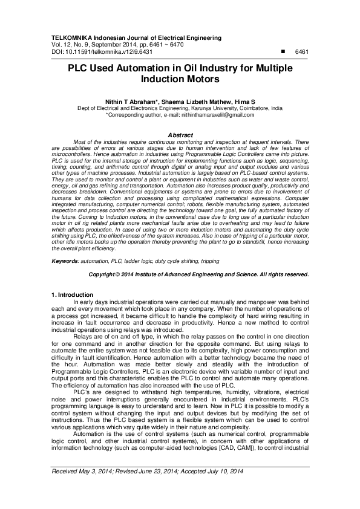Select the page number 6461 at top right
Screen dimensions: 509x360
point(301,52)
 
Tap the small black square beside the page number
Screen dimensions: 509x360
point(277,52)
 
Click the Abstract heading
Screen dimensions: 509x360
point(180,134)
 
